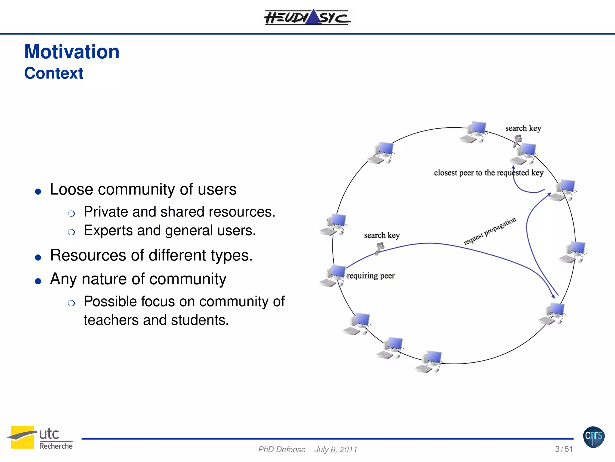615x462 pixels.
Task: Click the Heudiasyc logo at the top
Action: click(307, 17)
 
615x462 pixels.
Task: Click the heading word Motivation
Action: click(72, 52)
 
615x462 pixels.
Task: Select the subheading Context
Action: click(54, 73)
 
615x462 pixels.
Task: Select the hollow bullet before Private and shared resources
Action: click(71, 214)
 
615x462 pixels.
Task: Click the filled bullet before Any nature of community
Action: click(38, 281)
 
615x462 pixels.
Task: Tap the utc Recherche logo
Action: click(40, 438)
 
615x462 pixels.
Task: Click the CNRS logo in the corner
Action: click(594, 437)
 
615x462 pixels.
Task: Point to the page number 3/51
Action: click(564, 449)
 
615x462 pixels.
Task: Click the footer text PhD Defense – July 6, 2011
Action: click(307, 450)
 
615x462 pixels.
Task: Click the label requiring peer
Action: click(371, 276)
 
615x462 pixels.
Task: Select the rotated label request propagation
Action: click(489, 231)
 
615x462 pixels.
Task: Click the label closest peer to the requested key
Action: click(489, 173)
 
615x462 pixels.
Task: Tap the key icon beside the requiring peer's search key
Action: click(379, 248)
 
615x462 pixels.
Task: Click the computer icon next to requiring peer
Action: click(333, 276)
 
